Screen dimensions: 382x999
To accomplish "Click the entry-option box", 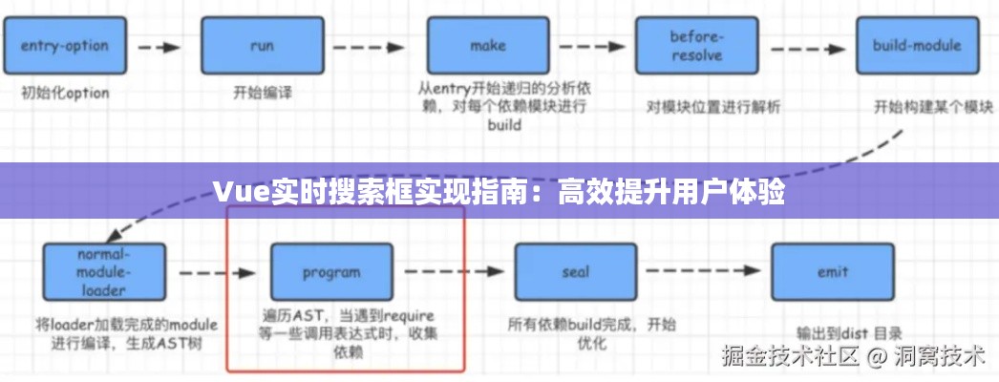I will pos(64,45).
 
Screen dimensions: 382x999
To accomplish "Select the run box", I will pos(262,45).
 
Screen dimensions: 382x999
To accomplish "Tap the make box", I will pos(487,45).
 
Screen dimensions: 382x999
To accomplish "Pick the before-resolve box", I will pos(698,45).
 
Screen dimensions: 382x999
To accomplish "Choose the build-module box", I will pos(915,45).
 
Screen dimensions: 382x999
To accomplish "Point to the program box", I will pos(331,272).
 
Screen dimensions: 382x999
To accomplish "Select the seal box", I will pos(576,272).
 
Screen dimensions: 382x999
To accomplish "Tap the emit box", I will pos(832,272).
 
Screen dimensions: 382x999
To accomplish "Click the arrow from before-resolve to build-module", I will pos(807,45).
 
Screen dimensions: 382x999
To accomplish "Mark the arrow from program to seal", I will pos(454,272).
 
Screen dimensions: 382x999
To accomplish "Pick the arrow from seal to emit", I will pos(704,272).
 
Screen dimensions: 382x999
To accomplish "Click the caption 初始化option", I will pos(65,94).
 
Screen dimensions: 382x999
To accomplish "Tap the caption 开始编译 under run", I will pos(263,94).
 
